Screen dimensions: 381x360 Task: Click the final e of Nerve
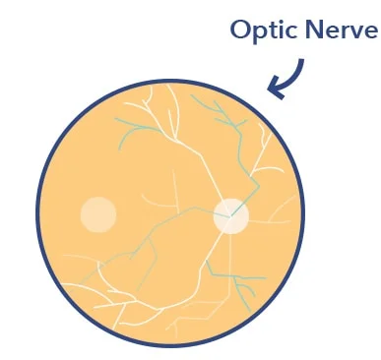click(371, 32)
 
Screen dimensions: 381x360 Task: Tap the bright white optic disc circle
click(231, 216)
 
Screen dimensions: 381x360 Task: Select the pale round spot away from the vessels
click(98, 214)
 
